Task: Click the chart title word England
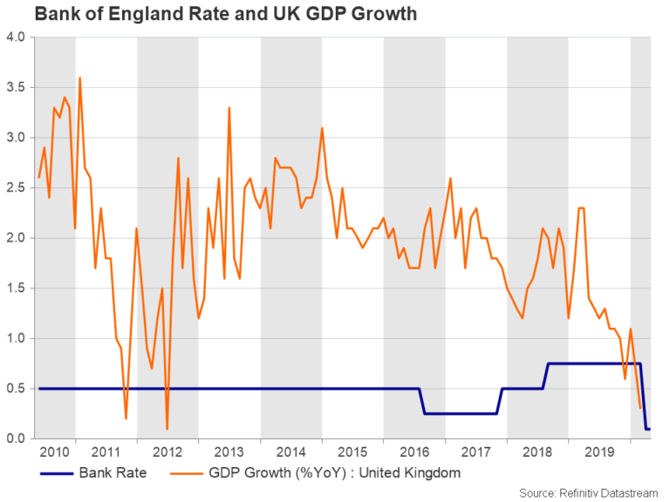[119, 14]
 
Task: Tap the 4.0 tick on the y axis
[17, 37]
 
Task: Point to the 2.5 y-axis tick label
[17, 187]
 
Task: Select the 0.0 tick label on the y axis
[17, 438]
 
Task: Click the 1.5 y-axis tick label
[17, 288]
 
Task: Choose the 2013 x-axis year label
[229, 453]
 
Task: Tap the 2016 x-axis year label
[414, 453]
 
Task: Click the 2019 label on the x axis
[598, 453]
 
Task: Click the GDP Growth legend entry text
[331, 473]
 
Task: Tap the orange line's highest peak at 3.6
[80, 78]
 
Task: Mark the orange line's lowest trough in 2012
[167, 428]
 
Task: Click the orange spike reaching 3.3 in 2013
[229, 108]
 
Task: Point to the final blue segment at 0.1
[648, 428]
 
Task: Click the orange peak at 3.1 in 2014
[322, 128]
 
